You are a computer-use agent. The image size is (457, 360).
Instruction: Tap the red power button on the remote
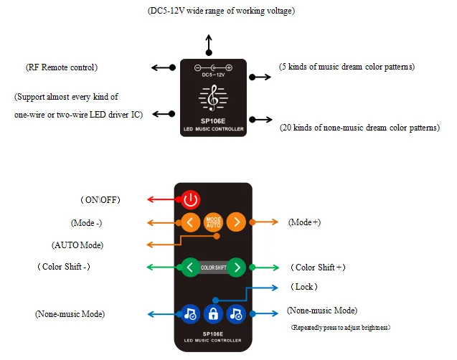tap(191, 200)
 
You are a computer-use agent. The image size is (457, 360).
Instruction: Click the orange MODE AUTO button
tap(213, 222)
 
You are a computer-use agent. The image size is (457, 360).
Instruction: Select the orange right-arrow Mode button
tap(236, 222)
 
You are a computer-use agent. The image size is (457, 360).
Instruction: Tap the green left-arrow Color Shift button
tap(190, 267)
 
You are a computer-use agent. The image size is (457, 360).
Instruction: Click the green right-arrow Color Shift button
tap(236, 267)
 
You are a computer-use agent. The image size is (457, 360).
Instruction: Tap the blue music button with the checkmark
tap(190, 314)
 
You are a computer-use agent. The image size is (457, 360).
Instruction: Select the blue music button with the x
tap(236, 314)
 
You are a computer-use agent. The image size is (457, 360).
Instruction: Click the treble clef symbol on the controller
tap(213, 98)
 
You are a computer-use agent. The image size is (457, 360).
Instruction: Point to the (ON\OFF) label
tap(100, 200)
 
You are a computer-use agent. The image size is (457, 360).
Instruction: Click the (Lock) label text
tap(304, 287)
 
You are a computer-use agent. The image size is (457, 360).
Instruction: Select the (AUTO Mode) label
tap(77, 245)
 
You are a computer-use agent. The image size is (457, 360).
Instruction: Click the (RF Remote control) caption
tap(62, 67)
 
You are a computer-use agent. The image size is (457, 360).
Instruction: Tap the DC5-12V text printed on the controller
tap(213, 75)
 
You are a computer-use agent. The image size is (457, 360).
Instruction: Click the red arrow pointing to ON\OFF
tap(164, 199)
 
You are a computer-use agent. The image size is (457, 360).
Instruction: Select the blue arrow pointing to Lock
tap(247, 294)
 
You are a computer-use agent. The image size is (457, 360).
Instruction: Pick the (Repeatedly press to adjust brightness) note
tap(340, 328)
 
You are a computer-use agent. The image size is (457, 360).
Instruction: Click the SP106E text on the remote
tap(213, 333)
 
